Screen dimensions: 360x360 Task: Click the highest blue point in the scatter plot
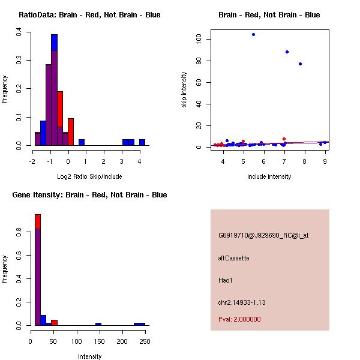pos(253,34)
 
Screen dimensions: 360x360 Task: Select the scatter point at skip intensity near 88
pos(287,52)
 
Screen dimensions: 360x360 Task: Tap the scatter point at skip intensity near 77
pos(300,64)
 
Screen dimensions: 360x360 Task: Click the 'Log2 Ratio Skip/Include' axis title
pos(89,177)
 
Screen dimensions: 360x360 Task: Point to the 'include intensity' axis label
pos(269,176)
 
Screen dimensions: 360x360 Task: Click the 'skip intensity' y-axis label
pos(184,89)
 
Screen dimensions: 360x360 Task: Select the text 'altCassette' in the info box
pos(233,258)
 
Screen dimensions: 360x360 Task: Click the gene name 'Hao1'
pos(225,280)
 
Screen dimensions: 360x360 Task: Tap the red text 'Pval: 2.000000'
pos(239,319)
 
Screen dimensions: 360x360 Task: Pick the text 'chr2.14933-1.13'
pos(242,301)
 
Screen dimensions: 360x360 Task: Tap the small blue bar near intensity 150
pos(98,324)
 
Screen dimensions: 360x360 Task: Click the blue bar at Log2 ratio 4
pos(142,142)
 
